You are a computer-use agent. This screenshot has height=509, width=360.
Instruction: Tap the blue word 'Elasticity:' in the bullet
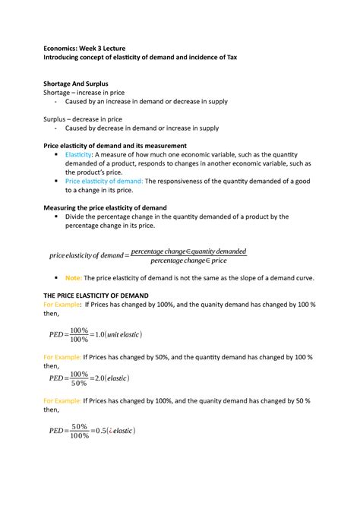(x=82, y=154)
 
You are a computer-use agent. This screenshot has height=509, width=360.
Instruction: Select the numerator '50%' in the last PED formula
(x=80, y=426)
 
